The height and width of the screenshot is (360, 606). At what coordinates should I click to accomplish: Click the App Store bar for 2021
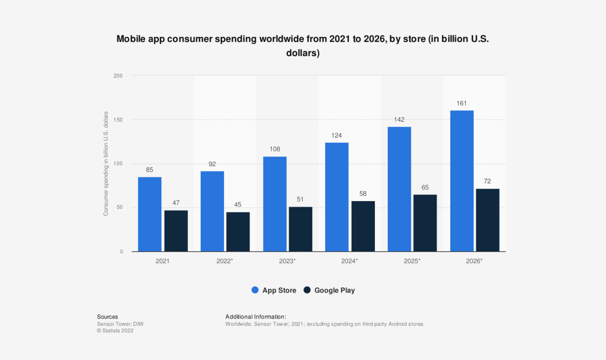pos(149,214)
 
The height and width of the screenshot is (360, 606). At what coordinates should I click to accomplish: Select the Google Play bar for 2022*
pos(238,232)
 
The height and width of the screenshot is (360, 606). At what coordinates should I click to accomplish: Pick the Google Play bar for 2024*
pos(363,226)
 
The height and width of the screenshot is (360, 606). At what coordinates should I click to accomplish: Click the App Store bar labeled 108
pos(275,204)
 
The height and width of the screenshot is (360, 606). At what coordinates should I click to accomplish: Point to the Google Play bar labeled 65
pos(425,223)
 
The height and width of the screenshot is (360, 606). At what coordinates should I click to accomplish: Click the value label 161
pos(461,103)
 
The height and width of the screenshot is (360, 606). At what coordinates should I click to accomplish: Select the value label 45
pos(238,204)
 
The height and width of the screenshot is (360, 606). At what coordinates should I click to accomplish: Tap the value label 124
pos(336,135)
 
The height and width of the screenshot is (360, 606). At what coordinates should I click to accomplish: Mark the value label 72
pos(487,181)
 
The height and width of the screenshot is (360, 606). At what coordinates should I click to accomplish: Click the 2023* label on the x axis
pos(287,261)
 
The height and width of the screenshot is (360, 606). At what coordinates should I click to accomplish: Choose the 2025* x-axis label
pos(412,261)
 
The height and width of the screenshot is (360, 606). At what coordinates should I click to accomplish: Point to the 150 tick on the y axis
pos(118,120)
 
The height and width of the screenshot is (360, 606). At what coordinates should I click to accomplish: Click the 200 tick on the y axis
pos(118,76)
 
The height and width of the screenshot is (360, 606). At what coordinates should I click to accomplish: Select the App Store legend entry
pos(274,290)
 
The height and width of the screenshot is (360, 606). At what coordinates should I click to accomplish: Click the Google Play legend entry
pos(329,290)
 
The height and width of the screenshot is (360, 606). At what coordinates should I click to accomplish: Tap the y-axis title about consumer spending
pos(106,164)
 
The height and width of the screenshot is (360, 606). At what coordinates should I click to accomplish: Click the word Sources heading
pos(107,317)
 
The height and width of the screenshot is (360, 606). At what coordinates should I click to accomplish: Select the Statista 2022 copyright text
pos(115,331)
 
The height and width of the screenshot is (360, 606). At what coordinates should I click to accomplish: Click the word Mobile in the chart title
pos(131,39)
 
